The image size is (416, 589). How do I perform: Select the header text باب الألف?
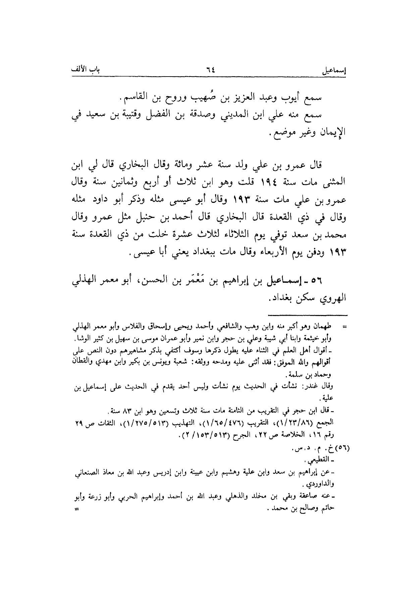[88, 71]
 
